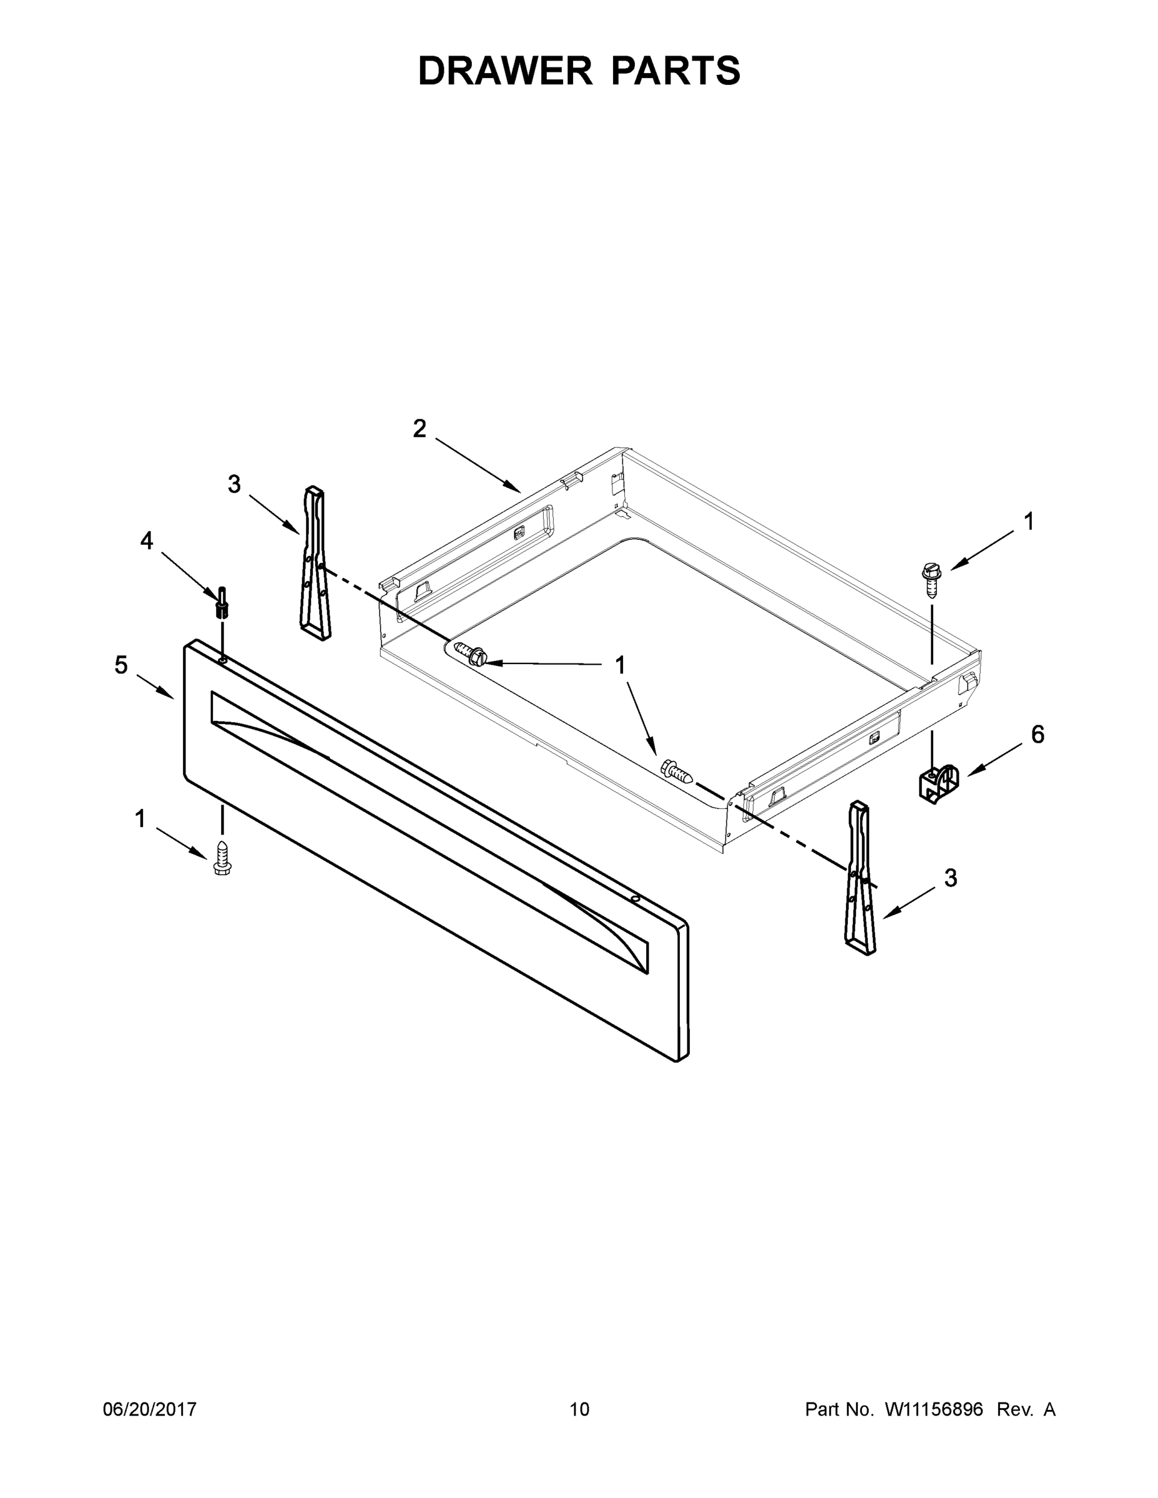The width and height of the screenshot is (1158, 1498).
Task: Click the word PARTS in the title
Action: (675, 71)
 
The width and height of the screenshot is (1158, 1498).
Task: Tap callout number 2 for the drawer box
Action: (419, 429)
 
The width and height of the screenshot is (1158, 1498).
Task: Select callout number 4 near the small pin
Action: (147, 541)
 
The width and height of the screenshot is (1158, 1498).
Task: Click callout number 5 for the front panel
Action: (120, 665)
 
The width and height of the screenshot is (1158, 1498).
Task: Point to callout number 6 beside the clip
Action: (1038, 735)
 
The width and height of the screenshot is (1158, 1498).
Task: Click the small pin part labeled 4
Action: (222, 604)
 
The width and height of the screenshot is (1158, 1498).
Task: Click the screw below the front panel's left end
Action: (222, 857)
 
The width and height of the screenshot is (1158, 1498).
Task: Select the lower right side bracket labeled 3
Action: (860, 878)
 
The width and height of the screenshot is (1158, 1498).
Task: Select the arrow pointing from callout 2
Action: (478, 465)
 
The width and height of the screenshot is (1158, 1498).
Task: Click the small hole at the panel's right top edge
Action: (635, 897)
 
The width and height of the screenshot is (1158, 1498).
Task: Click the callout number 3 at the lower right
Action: (950, 877)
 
